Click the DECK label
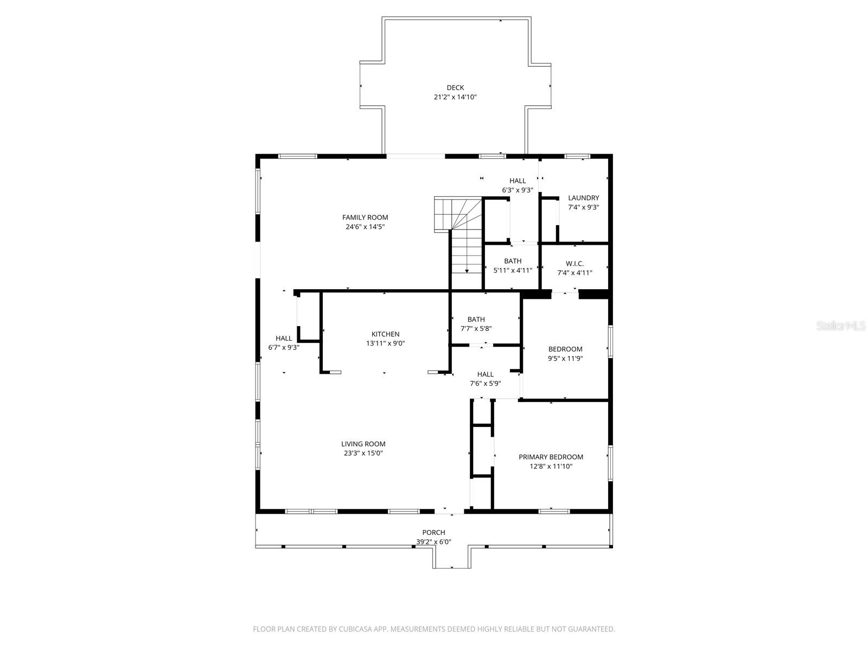(455, 87)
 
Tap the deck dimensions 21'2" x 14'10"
(455, 97)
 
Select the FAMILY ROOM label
(365, 218)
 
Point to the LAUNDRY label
(583, 198)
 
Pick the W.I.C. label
(575, 264)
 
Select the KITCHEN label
(385, 334)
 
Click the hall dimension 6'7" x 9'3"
(284, 348)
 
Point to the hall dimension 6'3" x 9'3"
(518, 190)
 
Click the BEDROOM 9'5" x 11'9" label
(565, 349)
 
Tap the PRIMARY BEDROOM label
(551, 457)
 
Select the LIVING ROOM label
(363, 444)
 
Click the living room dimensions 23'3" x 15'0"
(363, 454)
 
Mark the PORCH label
(433, 533)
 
